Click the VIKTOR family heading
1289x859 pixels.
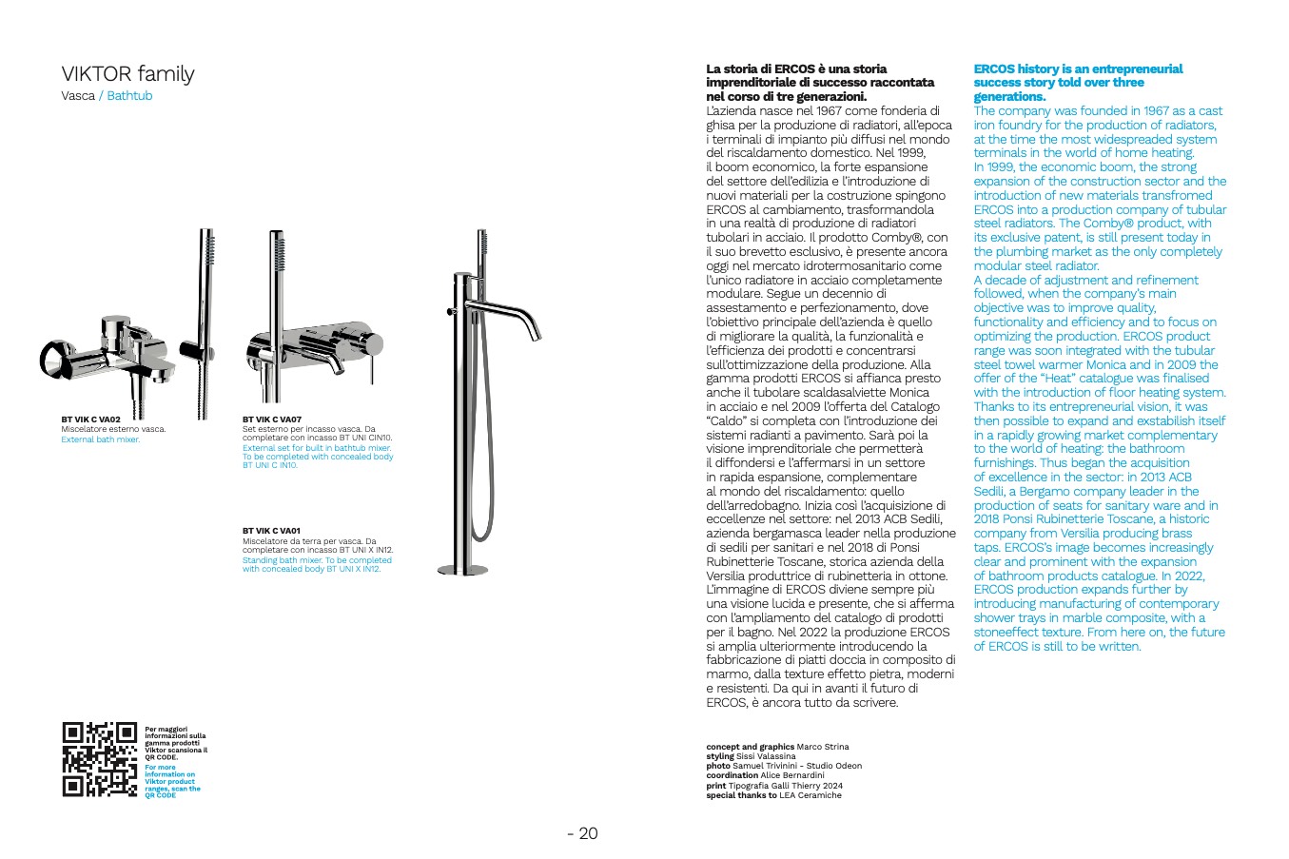tap(127, 74)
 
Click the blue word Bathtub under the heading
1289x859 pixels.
tap(129, 96)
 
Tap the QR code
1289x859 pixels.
tap(100, 759)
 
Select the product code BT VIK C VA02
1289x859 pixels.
tap(91, 420)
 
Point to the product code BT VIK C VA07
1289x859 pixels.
tap(272, 420)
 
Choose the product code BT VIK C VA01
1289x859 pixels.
tap(272, 531)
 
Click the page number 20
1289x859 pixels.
tap(582, 834)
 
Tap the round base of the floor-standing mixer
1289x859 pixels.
tap(461, 570)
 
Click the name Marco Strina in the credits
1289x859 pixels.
tap(823, 747)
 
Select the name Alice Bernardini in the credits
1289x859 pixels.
tap(792, 775)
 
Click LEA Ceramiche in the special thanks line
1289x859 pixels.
tap(811, 795)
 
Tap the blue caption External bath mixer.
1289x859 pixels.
tap(100, 439)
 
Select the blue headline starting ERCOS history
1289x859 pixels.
tap(1078, 83)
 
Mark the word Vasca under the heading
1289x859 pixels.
tap(78, 96)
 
